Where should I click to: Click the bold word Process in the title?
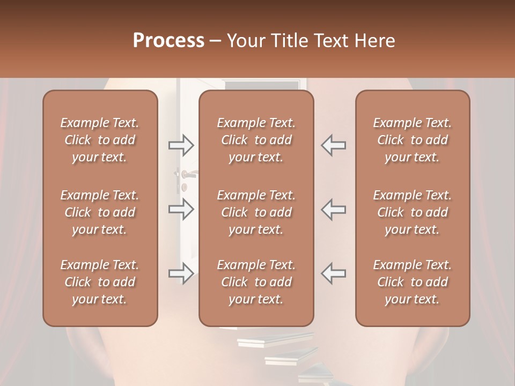tap(168, 41)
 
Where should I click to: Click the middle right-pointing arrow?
tap(181, 209)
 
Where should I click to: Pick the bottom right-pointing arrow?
tap(181, 273)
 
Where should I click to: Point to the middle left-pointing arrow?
tap(334, 209)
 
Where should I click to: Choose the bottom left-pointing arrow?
tap(334, 273)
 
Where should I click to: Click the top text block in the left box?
tap(100, 140)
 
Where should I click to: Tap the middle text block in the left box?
tap(100, 212)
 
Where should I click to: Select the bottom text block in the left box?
tap(100, 282)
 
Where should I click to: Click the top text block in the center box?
tap(256, 140)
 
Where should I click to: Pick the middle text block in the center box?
tap(256, 212)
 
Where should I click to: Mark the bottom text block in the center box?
tap(256, 282)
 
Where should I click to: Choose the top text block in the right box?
tap(413, 140)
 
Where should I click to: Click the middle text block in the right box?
tap(413, 212)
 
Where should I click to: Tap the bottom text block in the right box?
tap(413, 282)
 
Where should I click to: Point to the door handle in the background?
tap(187, 174)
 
